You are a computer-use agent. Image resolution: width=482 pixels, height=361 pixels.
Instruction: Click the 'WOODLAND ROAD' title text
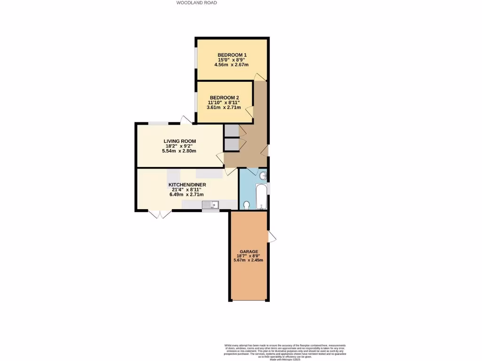pyautogui.click(x=197, y=3)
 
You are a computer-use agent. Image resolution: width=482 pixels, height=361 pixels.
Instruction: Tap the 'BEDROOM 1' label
pyautogui.click(x=232, y=55)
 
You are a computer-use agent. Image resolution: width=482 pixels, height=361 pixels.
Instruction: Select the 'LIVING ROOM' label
pyautogui.click(x=179, y=141)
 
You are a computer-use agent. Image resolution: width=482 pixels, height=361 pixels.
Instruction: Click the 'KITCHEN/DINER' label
pyautogui.click(x=187, y=185)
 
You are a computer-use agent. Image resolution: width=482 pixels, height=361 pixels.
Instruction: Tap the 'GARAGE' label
pyautogui.click(x=249, y=251)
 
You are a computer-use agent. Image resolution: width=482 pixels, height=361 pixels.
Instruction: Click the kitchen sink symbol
pyautogui.click(x=209, y=204)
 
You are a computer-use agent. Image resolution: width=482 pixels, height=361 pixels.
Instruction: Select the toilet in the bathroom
pyautogui.click(x=247, y=204)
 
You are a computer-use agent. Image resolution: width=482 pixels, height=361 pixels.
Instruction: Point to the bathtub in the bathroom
pyautogui.click(x=261, y=197)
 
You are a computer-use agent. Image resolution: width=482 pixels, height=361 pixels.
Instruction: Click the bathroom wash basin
pyautogui.click(x=263, y=176)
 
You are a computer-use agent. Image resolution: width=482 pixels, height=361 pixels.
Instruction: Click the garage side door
pyautogui.click(x=272, y=236)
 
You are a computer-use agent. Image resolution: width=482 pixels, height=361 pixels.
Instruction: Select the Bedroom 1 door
pyautogui.click(x=259, y=77)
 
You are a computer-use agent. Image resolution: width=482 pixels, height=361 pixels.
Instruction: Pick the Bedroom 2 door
pyautogui.click(x=249, y=111)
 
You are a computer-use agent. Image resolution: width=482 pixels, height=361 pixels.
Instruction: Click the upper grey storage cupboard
pyautogui.click(x=231, y=130)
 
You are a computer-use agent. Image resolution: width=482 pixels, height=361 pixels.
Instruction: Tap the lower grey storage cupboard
pyautogui.click(x=231, y=144)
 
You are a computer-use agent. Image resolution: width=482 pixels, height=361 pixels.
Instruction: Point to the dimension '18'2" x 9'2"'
pyautogui.click(x=179, y=146)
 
